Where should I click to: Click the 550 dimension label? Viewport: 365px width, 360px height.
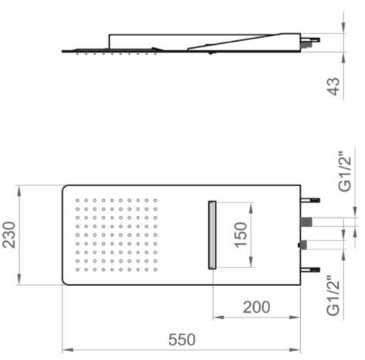point(182,340)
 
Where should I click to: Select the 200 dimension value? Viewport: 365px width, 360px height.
point(256,307)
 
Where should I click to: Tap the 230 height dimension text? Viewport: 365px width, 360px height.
point(9,235)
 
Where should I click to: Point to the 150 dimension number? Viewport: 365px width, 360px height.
point(241,235)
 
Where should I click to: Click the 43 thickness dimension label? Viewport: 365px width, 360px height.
point(333,87)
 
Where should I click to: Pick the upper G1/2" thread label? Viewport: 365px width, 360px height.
point(345,172)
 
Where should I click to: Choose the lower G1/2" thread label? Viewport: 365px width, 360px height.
point(333,296)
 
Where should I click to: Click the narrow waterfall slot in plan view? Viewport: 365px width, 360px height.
point(212,235)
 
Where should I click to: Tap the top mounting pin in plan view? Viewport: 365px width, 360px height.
point(311,200)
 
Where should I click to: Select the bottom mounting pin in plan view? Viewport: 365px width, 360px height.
point(311,270)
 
